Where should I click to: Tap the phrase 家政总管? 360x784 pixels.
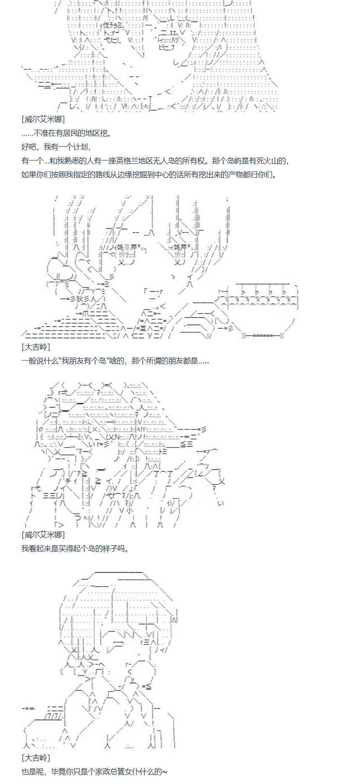(102, 771)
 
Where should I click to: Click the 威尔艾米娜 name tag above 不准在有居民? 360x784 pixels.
(43, 120)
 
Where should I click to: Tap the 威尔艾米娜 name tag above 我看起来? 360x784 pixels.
(43, 534)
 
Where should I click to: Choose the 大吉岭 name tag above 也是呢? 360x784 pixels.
(36, 758)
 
